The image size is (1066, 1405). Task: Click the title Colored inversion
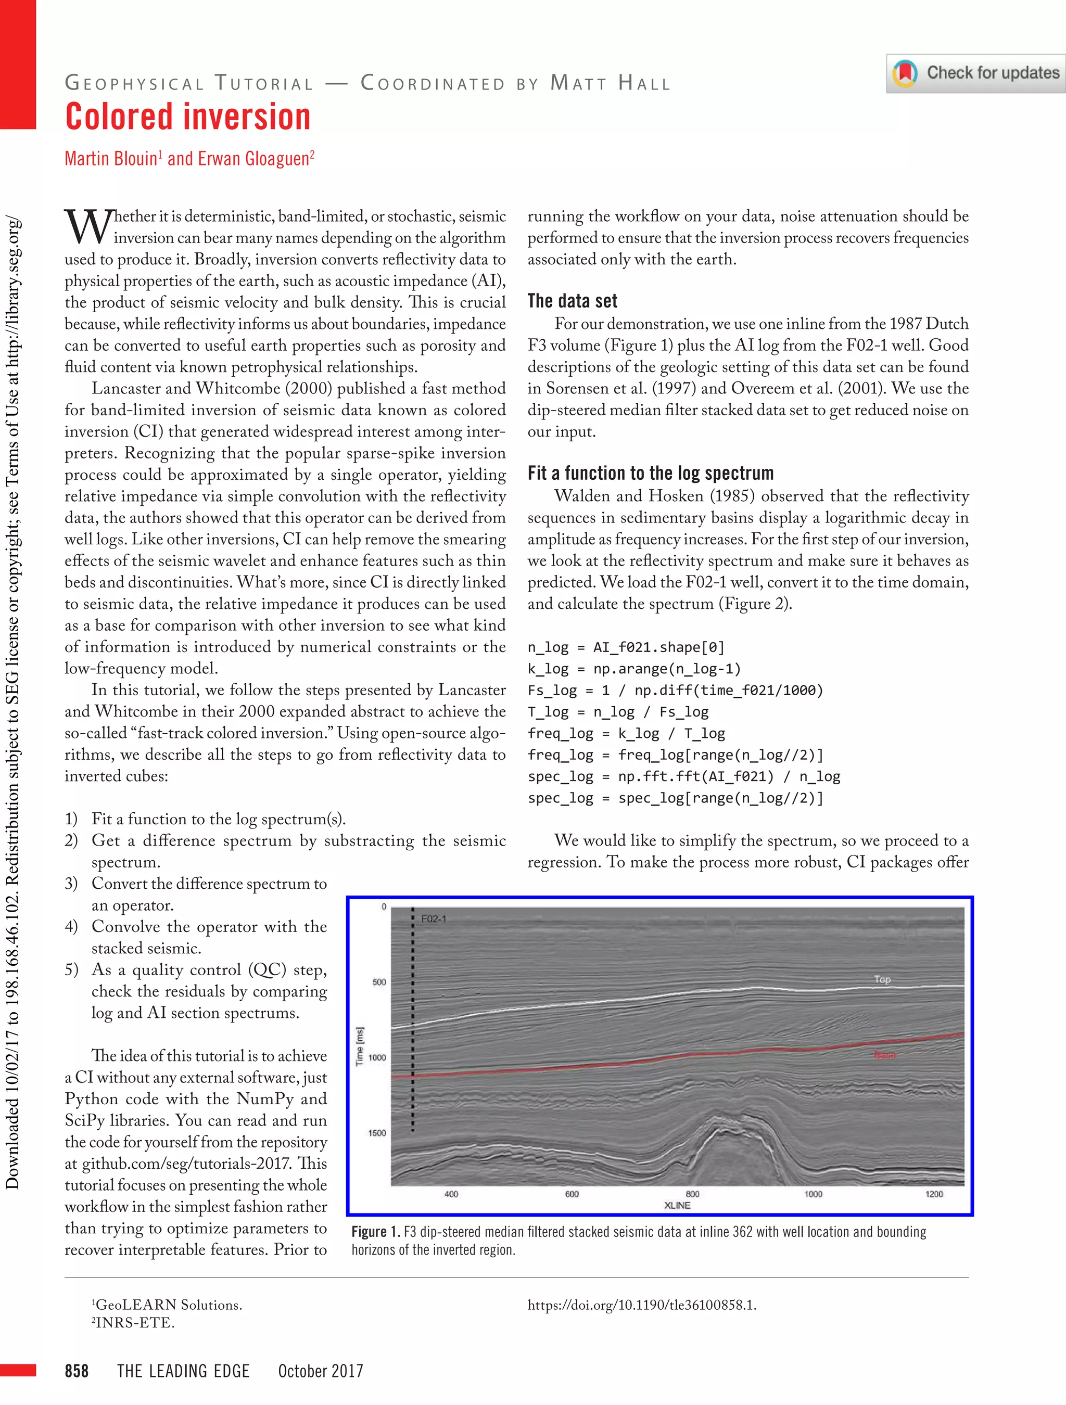tap(188, 118)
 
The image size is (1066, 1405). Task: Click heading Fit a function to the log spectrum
tap(650, 472)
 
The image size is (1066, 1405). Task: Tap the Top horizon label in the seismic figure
tap(882, 979)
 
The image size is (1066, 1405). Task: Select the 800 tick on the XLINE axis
tap(692, 1194)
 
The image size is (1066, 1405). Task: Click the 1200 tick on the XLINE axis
tap(934, 1194)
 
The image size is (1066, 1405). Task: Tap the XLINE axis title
tap(677, 1206)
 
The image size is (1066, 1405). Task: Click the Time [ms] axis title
tap(360, 1046)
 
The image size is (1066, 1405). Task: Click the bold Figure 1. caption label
tap(375, 1232)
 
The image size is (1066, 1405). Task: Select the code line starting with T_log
tap(617, 711)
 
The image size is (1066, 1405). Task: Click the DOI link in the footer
tap(642, 1305)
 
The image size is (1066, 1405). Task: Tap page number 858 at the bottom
tap(76, 1371)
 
